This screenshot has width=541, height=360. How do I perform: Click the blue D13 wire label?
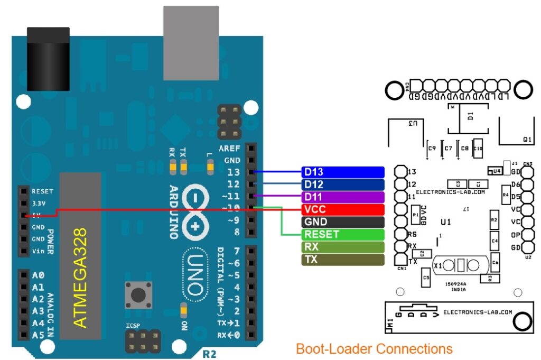pyautogui.click(x=342, y=172)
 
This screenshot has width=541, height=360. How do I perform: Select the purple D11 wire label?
pyautogui.click(x=342, y=197)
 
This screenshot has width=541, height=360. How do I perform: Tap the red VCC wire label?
pyautogui.click(x=342, y=209)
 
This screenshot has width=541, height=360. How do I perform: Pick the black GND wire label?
pyautogui.click(x=342, y=222)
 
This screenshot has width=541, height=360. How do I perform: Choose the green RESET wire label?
pyautogui.click(x=342, y=234)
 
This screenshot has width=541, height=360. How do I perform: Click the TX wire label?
pyautogui.click(x=342, y=260)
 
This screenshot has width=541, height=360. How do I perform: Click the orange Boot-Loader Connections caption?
pyautogui.click(x=374, y=349)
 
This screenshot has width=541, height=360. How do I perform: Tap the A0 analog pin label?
pyautogui.click(x=38, y=275)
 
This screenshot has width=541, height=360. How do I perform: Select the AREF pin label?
pyautogui.click(x=229, y=149)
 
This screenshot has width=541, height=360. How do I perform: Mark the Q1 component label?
pyautogui.click(x=527, y=140)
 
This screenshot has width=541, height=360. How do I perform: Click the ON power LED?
pyautogui.click(x=183, y=310)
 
